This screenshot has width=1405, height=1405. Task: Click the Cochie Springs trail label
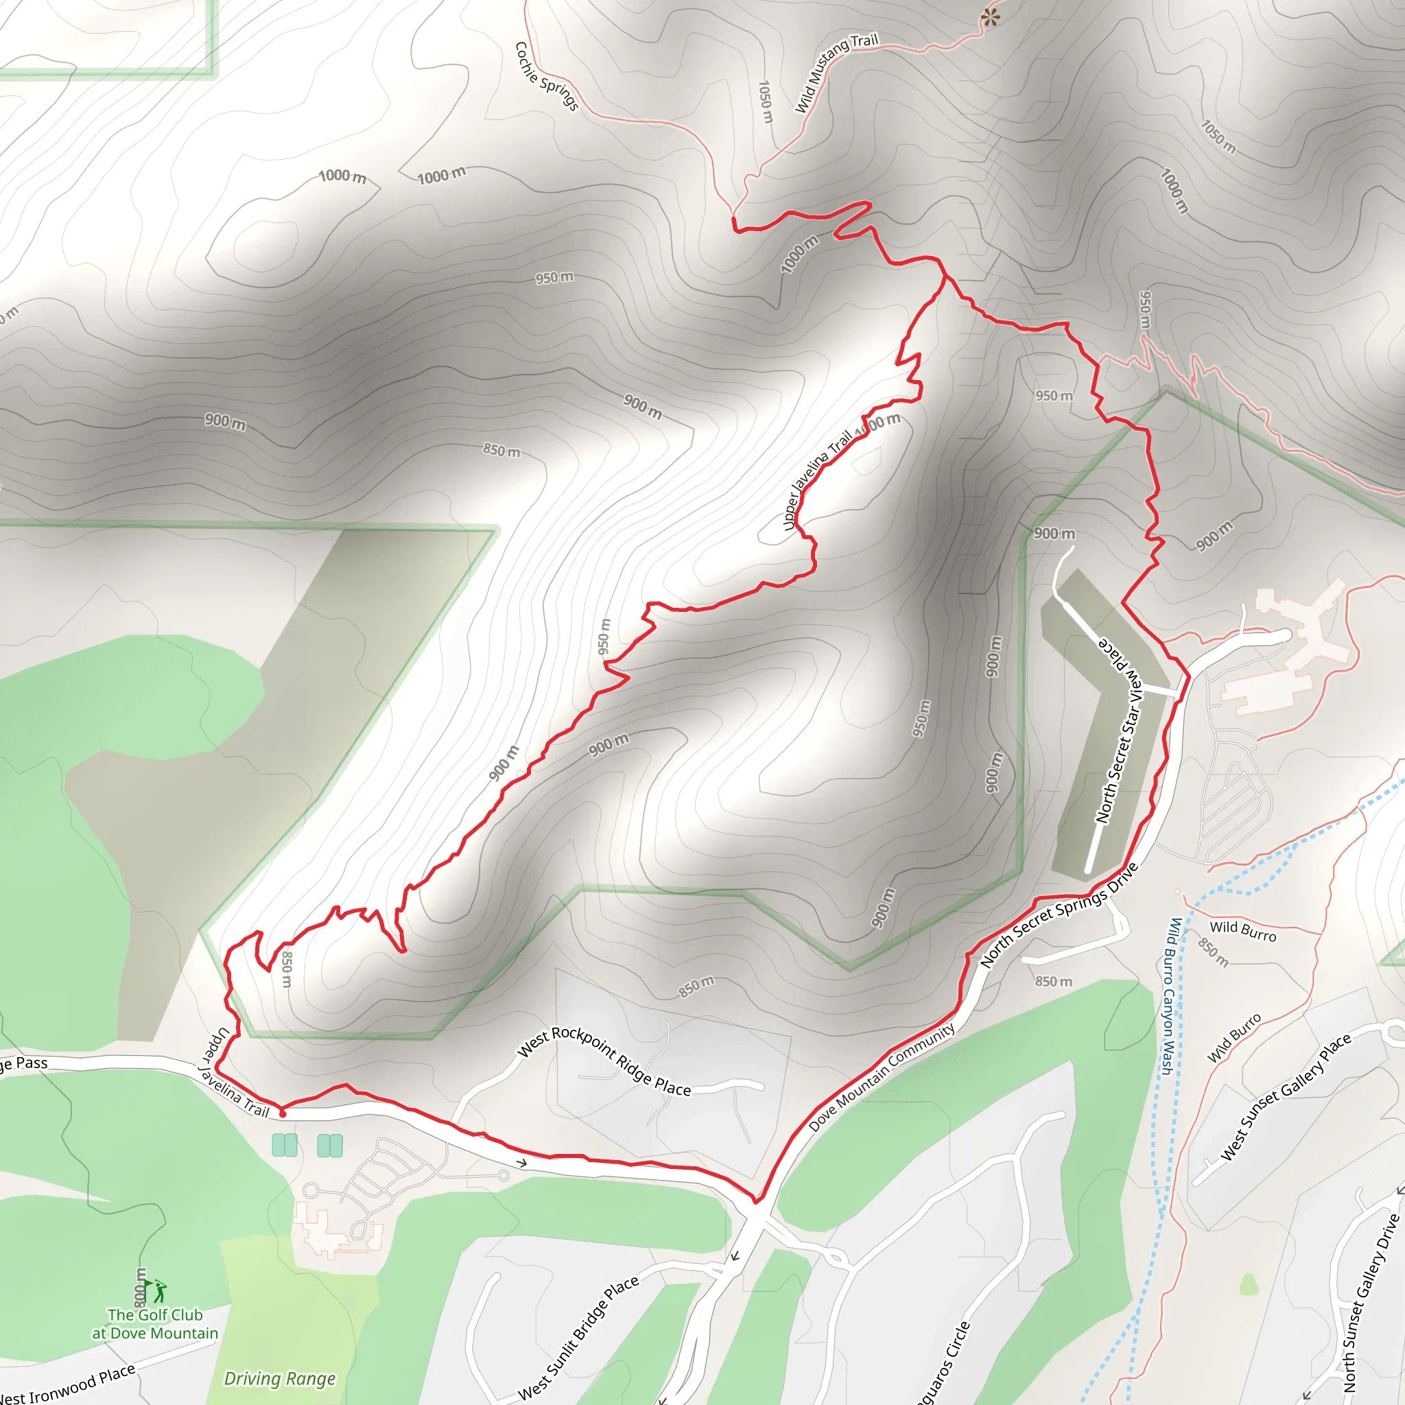pyautogui.click(x=546, y=76)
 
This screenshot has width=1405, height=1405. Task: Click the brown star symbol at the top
pyautogui.click(x=990, y=17)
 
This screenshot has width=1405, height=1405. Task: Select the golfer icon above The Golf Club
pyautogui.click(x=159, y=1292)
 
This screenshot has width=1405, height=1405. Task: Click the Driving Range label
pyautogui.click(x=280, y=1378)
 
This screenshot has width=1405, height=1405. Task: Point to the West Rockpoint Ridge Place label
pyautogui.click(x=604, y=1061)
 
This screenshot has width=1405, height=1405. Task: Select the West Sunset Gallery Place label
pyautogui.click(x=1285, y=1097)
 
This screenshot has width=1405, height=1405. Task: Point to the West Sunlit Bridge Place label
pyautogui.click(x=578, y=1338)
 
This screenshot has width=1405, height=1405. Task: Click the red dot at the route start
pyautogui.click(x=283, y=1113)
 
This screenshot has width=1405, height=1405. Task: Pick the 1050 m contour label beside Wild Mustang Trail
pyautogui.click(x=765, y=102)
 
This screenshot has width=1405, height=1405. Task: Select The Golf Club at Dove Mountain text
pyautogui.click(x=154, y=1323)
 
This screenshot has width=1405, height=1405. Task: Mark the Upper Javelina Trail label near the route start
pyautogui.click(x=234, y=1074)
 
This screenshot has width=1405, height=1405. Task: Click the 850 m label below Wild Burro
pyautogui.click(x=1213, y=953)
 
